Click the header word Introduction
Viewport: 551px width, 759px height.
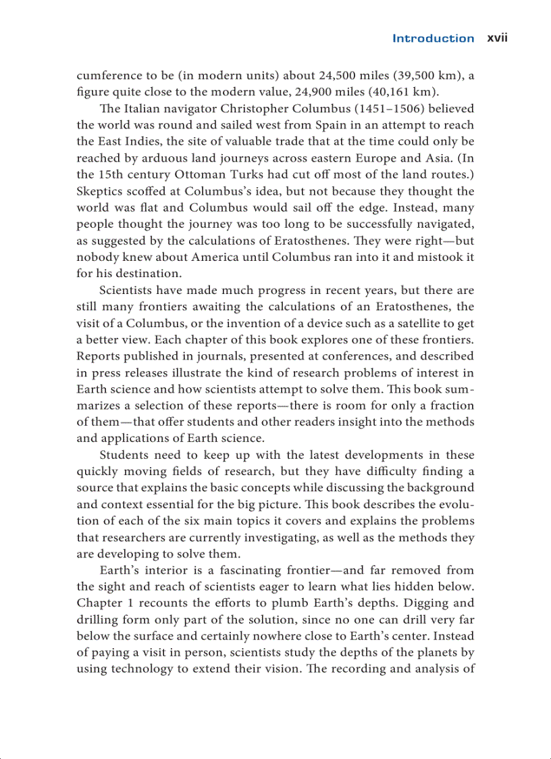[x=433, y=39]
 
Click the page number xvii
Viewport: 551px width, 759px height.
[x=497, y=39]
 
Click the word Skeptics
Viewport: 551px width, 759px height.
[x=98, y=191]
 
